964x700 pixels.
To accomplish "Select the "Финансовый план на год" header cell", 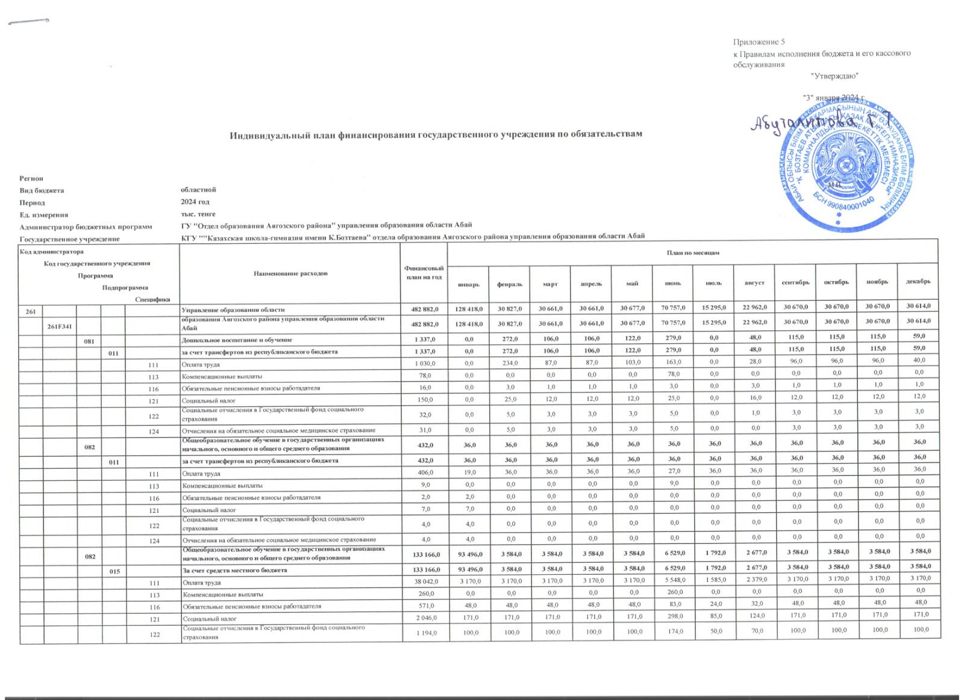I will [425, 273].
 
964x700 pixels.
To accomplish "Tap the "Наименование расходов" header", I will [290, 273].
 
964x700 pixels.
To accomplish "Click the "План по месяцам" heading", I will [693, 252].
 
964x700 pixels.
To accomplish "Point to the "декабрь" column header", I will [918, 282].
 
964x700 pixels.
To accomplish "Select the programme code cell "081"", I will [89, 340].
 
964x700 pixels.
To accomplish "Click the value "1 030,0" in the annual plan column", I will [425, 364].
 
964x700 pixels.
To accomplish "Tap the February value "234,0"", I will [510, 364].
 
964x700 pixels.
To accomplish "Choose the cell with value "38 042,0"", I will [424, 582].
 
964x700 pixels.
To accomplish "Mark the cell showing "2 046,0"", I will [425, 618].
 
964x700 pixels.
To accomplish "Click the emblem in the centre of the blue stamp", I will [843, 163].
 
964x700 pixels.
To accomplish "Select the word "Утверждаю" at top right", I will [834, 76].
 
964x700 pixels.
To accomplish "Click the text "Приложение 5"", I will [759, 42].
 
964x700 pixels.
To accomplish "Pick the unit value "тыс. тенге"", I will [199, 214].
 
